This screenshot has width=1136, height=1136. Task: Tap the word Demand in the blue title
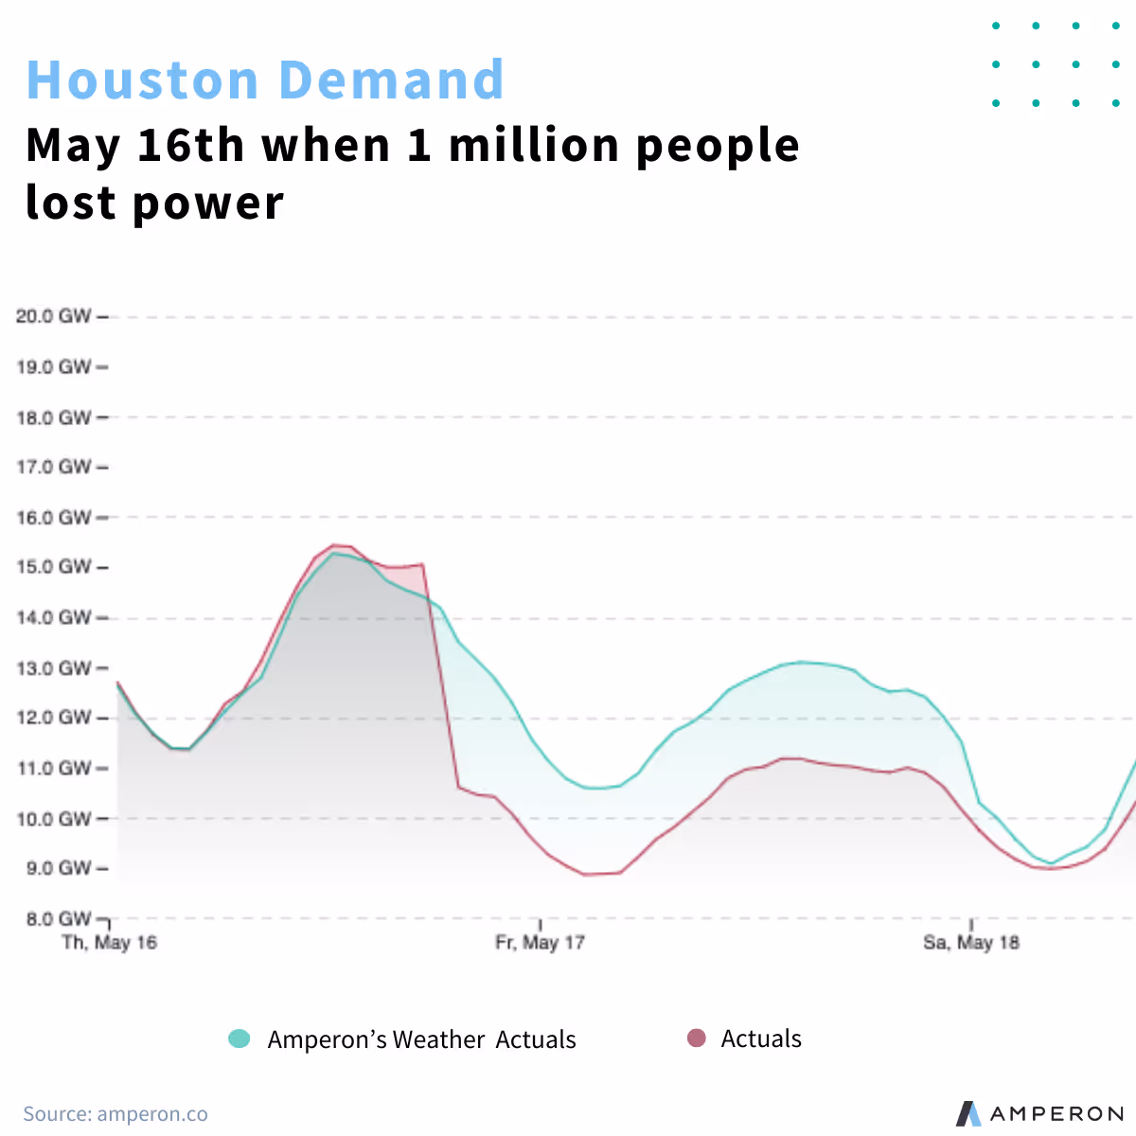(392, 80)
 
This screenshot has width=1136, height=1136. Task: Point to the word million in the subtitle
(533, 145)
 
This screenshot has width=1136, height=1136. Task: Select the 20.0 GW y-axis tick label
(54, 316)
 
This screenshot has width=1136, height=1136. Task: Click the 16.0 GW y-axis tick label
(54, 518)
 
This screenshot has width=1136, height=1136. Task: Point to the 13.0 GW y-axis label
(54, 668)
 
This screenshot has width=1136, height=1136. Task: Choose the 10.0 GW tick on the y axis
(54, 819)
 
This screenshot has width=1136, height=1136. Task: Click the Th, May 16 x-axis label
(109, 943)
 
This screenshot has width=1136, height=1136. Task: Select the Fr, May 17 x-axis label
(540, 943)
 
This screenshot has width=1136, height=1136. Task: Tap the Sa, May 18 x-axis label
(971, 943)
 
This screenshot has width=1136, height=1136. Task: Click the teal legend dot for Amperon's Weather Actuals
(240, 1038)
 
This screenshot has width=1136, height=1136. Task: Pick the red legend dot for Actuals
(697, 1038)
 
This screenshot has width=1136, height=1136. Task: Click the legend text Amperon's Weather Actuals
(421, 1039)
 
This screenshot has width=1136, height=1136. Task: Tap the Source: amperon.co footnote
(115, 1114)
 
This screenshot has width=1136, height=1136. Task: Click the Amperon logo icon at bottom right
(968, 1113)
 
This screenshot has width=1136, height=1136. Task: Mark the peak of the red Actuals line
(334, 545)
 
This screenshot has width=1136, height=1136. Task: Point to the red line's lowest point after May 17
(586, 874)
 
